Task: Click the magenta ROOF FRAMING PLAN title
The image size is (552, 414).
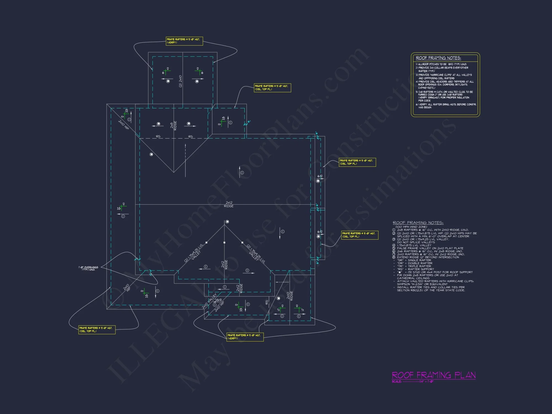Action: [434, 375]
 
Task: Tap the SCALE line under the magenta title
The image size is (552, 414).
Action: [413, 382]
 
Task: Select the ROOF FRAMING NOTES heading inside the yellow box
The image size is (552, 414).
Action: [438, 58]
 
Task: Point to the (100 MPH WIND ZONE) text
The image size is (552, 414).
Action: [411, 227]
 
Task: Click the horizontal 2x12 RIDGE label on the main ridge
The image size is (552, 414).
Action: [229, 204]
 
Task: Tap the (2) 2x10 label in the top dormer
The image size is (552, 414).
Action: [181, 81]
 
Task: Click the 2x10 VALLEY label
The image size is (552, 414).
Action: [209, 301]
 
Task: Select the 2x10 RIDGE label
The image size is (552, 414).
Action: [290, 296]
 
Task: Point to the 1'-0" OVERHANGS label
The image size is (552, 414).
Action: [88, 268]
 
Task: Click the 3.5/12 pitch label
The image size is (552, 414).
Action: [218, 300]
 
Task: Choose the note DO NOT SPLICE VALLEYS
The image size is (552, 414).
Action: [416, 242]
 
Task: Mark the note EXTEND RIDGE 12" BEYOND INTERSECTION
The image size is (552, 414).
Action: [428, 257]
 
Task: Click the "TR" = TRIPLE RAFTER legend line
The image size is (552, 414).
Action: [414, 266]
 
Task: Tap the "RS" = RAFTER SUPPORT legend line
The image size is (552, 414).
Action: [415, 269]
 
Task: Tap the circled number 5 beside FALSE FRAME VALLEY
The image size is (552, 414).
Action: [394, 248]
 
